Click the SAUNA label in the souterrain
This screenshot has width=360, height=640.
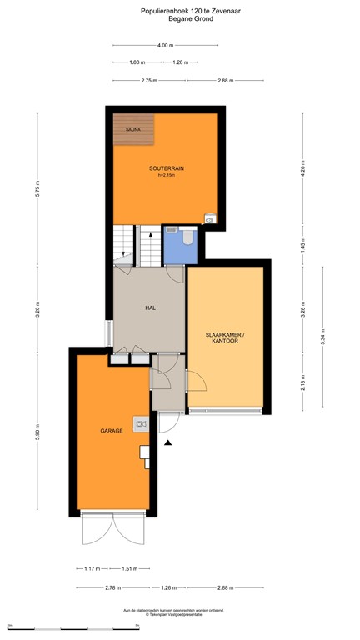point(132,130)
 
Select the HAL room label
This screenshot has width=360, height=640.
point(150,307)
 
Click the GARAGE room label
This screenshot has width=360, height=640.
point(112,431)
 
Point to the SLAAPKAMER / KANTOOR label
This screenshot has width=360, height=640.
point(226,337)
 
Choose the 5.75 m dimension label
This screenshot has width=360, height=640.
point(37,189)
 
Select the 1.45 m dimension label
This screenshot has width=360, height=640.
point(303,245)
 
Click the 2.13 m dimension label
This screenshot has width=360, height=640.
point(303,382)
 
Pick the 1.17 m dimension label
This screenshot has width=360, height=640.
point(92,569)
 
